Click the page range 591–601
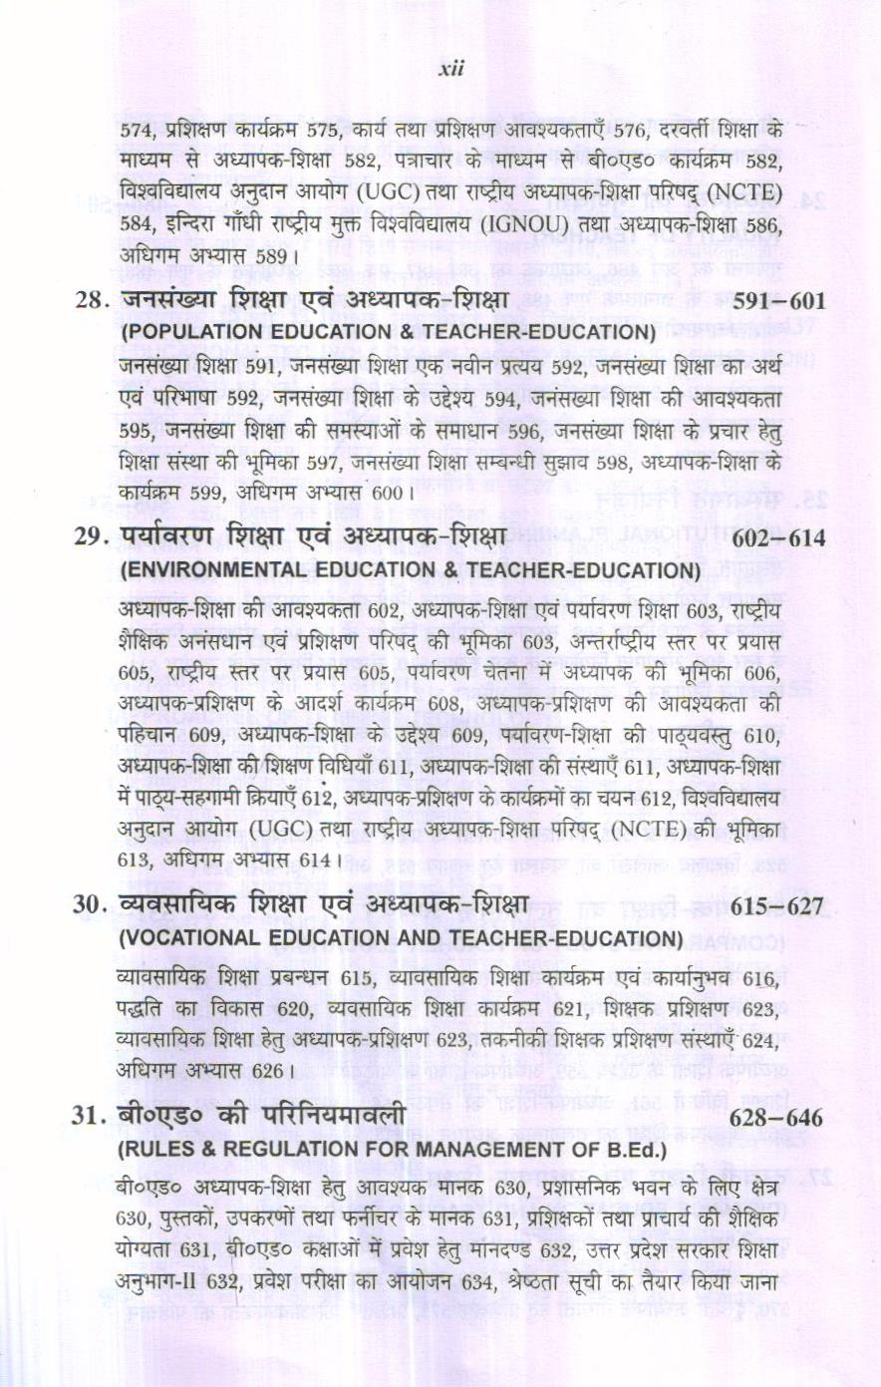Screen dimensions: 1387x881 coord(778,301)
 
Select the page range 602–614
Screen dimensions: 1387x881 coord(778,538)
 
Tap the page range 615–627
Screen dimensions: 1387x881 coord(777,906)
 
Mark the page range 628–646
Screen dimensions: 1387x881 coord(777,1119)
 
